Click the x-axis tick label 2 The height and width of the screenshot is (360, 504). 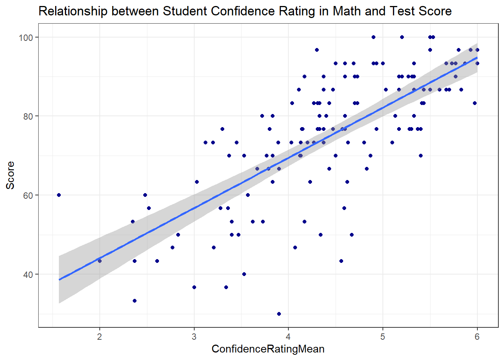click(99, 337)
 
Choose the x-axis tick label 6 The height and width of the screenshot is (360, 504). click(477, 337)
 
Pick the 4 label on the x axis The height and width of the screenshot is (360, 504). click(288, 337)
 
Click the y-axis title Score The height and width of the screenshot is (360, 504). click(10, 175)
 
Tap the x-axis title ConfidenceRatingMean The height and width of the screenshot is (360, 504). click(268, 349)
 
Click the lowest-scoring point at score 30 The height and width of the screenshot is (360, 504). click(279, 314)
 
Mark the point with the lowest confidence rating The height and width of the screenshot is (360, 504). click(59, 195)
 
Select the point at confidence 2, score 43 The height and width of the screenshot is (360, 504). click(99, 261)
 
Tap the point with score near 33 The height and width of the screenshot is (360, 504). click(135, 301)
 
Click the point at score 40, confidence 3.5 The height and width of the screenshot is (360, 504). click(244, 274)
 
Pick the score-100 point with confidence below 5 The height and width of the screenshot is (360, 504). click(373, 37)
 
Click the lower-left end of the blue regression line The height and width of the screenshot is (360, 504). click(59, 279)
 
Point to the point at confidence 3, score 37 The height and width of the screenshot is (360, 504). click(194, 287)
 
